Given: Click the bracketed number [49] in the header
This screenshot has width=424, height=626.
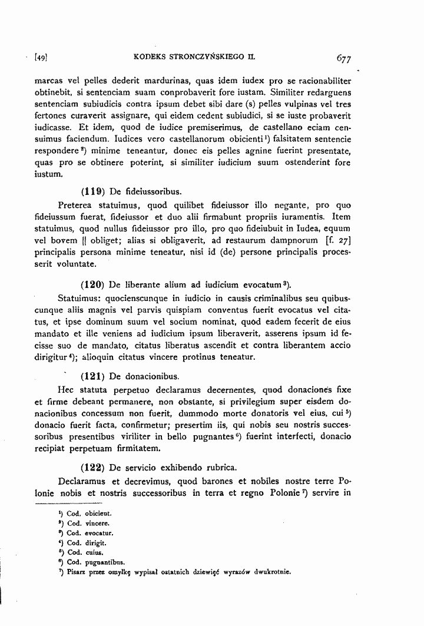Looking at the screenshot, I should [x=41, y=58].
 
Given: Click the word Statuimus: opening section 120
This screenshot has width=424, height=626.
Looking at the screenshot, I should [x=82, y=298].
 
